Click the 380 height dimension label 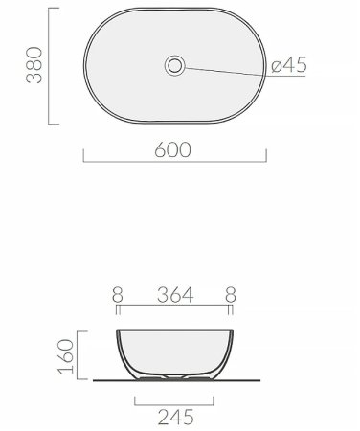click(34, 65)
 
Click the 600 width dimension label click(173, 149)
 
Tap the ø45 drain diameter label click(289, 65)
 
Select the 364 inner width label click(175, 295)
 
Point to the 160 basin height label click(66, 356)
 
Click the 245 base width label click(176, 417)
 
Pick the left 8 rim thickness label click(118, 295)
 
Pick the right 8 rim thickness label click(231, 295)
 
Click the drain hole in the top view click(175, 66)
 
